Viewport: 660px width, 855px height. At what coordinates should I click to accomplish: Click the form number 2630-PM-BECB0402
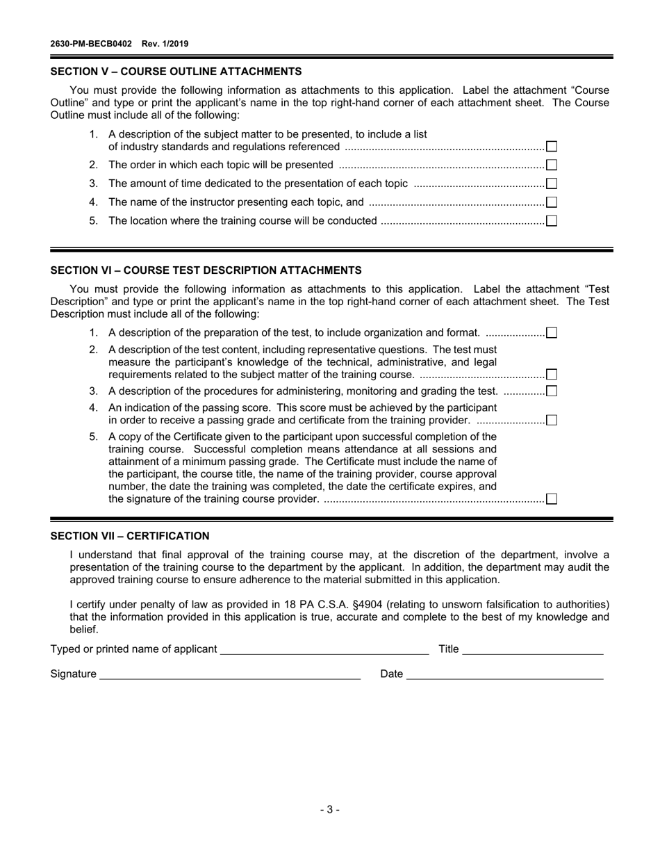(x=91, y=44)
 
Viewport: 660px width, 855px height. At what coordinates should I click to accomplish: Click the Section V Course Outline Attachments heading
(x=176, y=71)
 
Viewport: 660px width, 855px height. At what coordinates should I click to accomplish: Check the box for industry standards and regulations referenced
(x=551, y=147)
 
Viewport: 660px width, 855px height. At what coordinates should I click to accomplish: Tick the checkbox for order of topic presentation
(x=551, y=165)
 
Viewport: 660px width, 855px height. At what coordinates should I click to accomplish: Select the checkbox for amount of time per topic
(x=551, y=184)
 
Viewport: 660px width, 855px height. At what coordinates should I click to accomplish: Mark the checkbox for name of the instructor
(x=551, y=203)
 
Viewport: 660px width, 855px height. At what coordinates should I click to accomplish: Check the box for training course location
(x=551, y=222)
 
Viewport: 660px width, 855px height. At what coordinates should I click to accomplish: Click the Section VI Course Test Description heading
(x=206, y=270)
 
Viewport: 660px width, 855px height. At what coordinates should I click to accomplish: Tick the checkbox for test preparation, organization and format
(x=551, y=333)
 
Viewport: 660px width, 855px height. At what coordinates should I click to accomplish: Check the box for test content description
(x=551, y=375)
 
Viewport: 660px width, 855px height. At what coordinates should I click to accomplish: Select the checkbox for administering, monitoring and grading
(x=551, y=391)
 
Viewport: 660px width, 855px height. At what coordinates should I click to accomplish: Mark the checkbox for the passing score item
(x=551, y=420)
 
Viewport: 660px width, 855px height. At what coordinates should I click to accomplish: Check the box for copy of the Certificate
(x=551, y=499)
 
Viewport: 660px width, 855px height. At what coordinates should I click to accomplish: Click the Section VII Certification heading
(x=130, y=536)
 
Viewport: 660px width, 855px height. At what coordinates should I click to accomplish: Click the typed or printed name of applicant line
(x=324, y=649)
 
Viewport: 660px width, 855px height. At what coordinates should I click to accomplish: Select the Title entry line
(x=532, y=649)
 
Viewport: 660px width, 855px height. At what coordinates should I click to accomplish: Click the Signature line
(x=229, y=674)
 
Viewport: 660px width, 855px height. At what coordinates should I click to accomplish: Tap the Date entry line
(x=504, y=674)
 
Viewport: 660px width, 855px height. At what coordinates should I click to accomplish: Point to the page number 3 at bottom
(x=330, y=809)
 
